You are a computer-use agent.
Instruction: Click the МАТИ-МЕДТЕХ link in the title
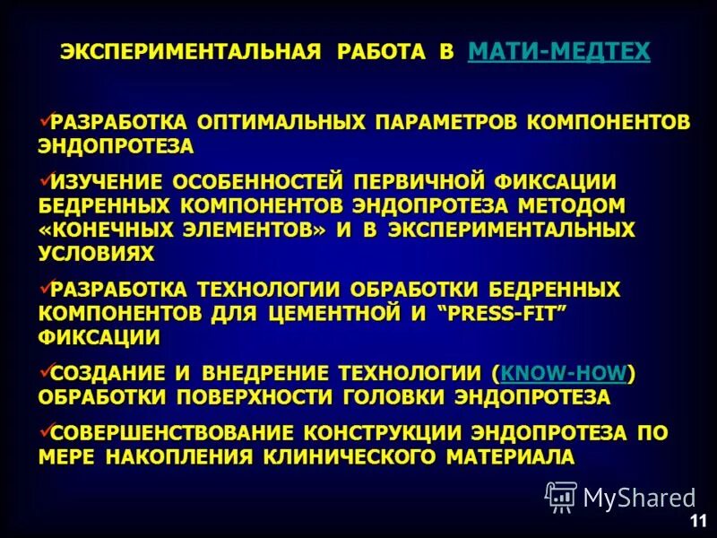click(x=558, y=52)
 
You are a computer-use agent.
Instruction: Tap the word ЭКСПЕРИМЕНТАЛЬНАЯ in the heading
click(x=190, y=52)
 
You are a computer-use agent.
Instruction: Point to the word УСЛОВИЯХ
click(x=96, y=254)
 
